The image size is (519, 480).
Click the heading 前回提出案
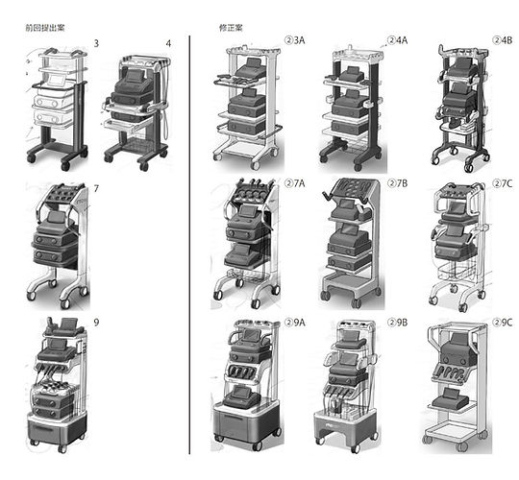(x=45, y=28)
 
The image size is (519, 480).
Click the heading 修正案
(x=231, y=28)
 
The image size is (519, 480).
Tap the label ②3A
(x=295, y=40)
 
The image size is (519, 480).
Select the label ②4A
(x=398, y=40)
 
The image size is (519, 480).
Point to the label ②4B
(x=502, y=40)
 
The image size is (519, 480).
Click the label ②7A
(x=295, y=183)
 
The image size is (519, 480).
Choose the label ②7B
(x=398, y=183)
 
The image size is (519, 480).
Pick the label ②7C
(x=502, y=183)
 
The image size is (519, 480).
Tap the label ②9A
(x=295, y=323)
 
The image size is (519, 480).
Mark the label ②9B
(x=398, y=323)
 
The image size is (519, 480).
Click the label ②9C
(x=502, y=323)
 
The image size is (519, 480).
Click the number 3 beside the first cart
(x=96, y=43)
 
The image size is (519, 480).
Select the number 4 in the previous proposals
(x=168, y=43)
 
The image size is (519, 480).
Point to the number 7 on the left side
(x=96, y=189)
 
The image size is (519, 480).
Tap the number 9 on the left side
(x=96, y=323)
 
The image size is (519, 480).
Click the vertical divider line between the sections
(x=189, y=245)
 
